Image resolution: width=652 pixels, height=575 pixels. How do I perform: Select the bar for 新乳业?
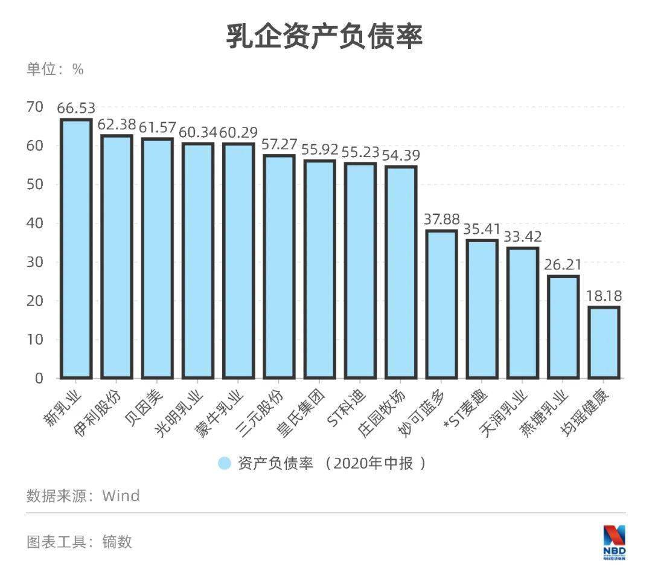click(76, 249)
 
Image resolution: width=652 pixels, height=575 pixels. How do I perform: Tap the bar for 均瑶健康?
click(604, 342)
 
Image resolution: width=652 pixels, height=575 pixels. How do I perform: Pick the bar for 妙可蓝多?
click(441, 304)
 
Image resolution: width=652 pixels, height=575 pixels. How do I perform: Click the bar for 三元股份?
click(279, 266)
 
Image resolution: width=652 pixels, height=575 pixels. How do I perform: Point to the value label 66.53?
click(76, 108)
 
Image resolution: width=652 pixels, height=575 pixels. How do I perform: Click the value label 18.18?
click(604, 296)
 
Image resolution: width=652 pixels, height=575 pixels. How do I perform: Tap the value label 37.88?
click(441, 219)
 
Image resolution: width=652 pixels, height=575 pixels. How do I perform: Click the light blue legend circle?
click(225, 463)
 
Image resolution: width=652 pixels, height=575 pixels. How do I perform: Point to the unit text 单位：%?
click(55, 69)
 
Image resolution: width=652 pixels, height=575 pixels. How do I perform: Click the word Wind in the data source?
click(121, 496)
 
